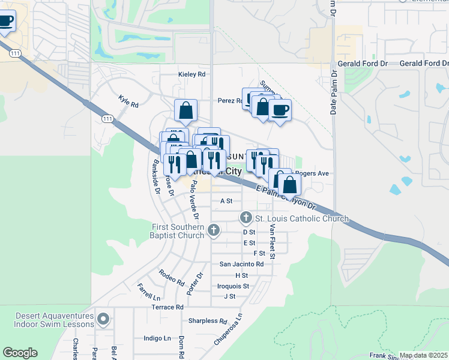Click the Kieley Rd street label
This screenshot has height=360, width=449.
click(x=191, y=74)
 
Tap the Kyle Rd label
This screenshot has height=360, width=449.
click(x=128, y=101)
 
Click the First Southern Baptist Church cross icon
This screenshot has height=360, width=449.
click(x=213, y=230)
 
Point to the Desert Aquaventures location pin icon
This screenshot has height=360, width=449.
click(x=104, y=319)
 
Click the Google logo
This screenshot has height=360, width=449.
click(x=20, y=353)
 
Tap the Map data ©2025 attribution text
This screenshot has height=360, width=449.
click(x=423, y=355)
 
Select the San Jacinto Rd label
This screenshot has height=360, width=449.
click(x=241, y=264)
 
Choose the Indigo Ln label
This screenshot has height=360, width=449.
click(x=157, y=338)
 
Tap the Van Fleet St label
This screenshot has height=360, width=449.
click(x=272, y=242)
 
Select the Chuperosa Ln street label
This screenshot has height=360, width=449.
click(x=228, y=329)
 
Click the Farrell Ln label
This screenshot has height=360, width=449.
click(x=149, y=292)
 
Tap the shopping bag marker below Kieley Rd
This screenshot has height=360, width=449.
click(x=185, y=110)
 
